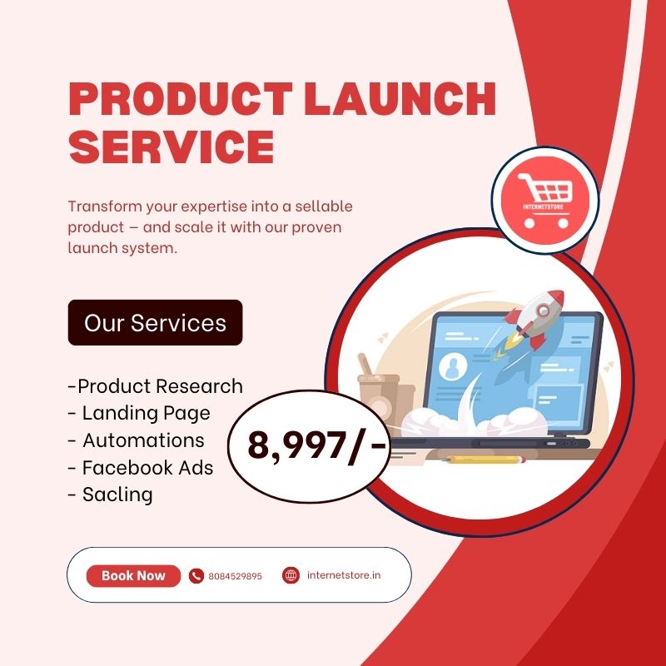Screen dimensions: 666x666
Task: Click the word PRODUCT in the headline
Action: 181,98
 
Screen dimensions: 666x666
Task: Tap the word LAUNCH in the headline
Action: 400,98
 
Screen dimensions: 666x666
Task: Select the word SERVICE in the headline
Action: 171,147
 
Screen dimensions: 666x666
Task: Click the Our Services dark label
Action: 155,322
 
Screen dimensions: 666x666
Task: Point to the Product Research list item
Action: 156,386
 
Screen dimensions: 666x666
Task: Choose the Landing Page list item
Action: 139,413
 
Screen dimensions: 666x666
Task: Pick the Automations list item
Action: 136,440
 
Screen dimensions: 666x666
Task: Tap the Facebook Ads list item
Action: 141,468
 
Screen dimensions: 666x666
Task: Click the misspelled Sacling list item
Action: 111,495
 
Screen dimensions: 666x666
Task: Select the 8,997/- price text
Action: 316,446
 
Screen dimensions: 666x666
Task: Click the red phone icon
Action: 196,576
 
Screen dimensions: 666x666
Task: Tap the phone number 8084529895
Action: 236,576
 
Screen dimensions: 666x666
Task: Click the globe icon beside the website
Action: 291,575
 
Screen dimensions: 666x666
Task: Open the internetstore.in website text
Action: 344,575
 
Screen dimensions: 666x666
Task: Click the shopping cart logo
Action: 545,200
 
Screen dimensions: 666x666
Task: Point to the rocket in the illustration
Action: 531,322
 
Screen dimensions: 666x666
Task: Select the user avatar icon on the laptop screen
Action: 453,366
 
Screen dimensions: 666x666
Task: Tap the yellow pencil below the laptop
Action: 484,460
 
